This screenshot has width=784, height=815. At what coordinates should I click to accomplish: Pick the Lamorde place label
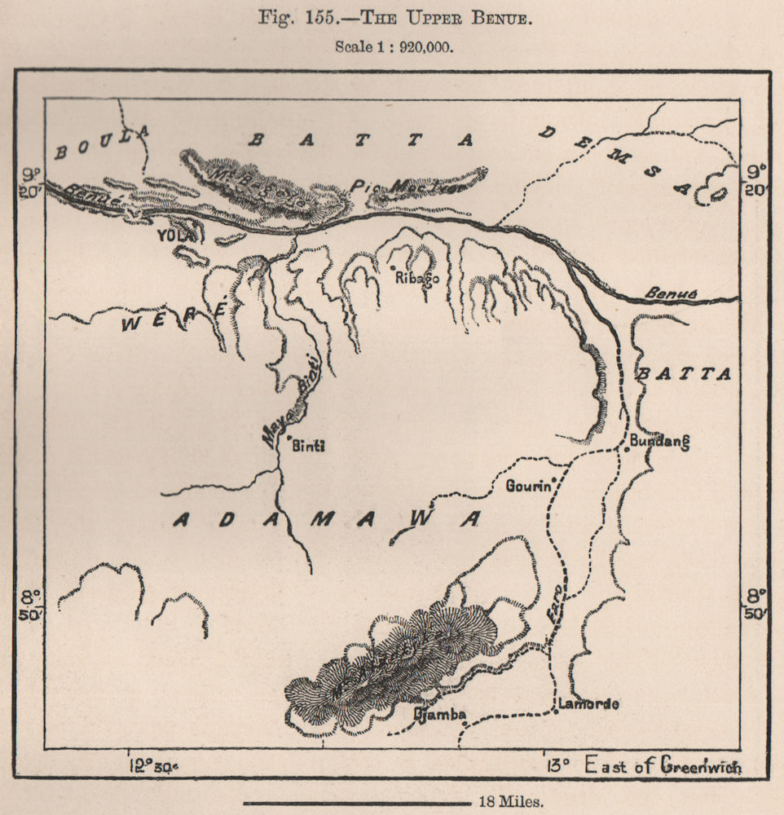(588, 704)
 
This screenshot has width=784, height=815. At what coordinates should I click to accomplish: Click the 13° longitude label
(557, 765)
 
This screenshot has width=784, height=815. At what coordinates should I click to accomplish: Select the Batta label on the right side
(685, 374)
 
